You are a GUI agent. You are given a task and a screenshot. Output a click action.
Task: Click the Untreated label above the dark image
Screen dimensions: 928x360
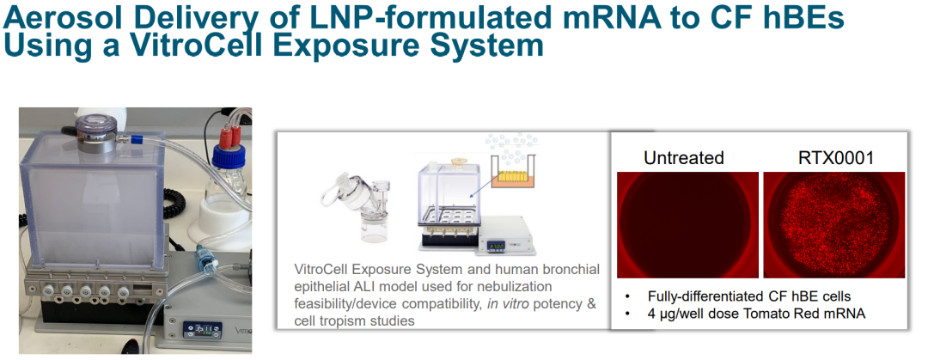coord(684,158)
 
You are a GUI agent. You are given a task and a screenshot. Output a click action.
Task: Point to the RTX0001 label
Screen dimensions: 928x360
coord(834,158)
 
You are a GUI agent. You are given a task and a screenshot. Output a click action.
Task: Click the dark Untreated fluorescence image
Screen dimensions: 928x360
coord(687,225)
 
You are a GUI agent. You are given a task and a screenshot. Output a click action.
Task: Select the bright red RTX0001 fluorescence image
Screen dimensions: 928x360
coord(833,225)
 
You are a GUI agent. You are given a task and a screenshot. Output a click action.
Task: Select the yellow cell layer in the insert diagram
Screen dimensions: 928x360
coord(513,177)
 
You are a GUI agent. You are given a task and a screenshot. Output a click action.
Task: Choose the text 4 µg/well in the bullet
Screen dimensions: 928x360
coord(676,314)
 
